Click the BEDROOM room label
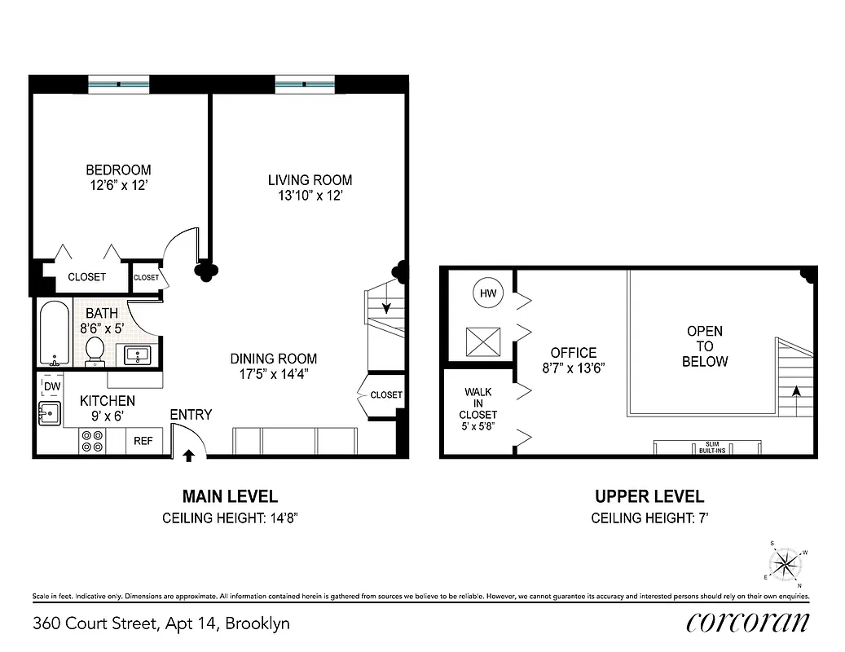[118, 170]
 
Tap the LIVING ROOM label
[310, 180]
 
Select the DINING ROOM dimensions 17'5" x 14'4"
[273, 374]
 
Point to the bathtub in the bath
[55, 334]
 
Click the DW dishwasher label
[51, 386]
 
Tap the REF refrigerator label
[143, 441]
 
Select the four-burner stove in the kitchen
[92, 441]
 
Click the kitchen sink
[50, 413]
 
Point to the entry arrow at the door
[188, 455]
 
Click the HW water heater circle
[488, 293]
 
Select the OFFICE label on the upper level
[574, 352]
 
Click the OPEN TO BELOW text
[704, 346]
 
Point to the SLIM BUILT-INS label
[707, 447]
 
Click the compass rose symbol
[786, 563]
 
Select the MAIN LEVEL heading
[229, 496]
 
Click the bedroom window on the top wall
[119, 83]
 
